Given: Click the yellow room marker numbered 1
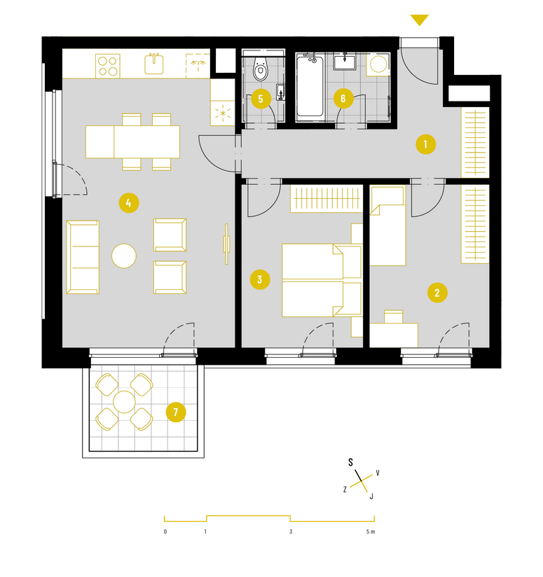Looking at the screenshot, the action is point(425,144).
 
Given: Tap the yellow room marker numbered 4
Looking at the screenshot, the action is point(129,203).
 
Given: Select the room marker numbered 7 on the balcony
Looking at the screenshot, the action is point(176,412).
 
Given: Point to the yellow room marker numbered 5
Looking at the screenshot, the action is point(261,99).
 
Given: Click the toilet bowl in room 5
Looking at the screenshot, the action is point(260,69).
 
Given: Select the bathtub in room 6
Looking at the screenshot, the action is point(310,88).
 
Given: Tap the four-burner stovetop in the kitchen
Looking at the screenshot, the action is point(107,66).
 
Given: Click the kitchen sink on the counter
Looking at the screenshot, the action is point(154,64).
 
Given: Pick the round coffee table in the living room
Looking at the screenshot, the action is point(124,256).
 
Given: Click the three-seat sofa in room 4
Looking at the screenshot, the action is point(83,257).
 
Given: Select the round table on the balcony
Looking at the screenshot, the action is point(124,402).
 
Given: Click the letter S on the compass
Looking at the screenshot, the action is point(350,463).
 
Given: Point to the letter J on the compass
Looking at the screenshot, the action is point(371,496).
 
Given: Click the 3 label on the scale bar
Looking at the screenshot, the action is point(291,531).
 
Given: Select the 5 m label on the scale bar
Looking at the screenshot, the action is point(371,531).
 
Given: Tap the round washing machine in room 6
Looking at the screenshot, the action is point(378,64).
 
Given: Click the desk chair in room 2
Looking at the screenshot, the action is point(394,317).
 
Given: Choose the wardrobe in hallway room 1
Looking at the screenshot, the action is point(475,143).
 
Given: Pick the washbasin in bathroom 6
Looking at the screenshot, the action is point(345,62).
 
